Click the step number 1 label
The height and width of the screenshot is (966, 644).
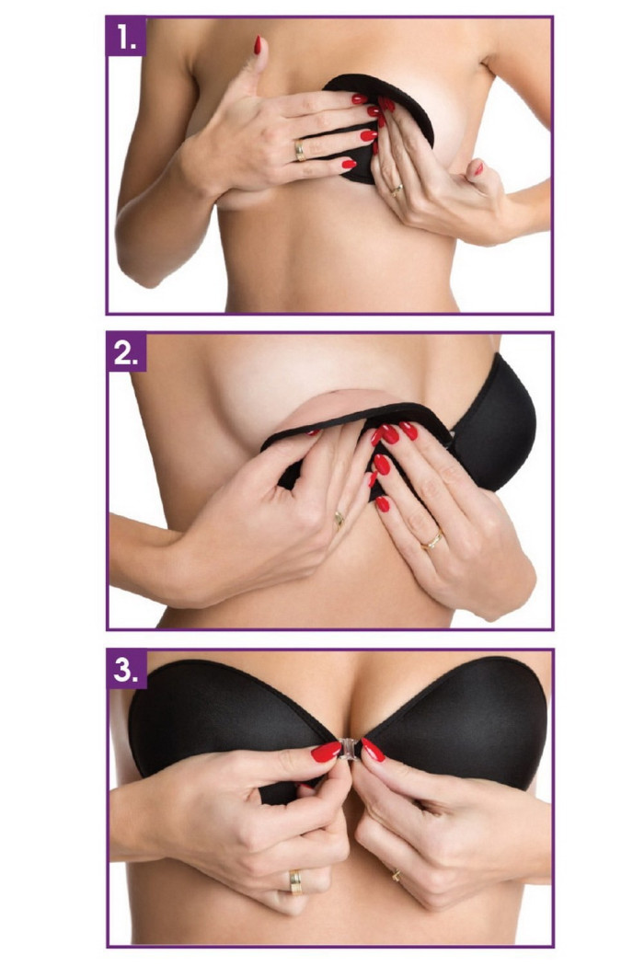pos(126,37)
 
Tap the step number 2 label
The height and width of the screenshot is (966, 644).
pos(126,352)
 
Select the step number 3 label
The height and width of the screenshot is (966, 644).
pos(126,669)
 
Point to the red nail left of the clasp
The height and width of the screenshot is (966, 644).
pos(326,752)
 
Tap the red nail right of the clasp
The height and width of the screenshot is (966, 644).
pos(373,749)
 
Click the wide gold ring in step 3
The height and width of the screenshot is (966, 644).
pos(296,881)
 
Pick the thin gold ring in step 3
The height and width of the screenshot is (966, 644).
pos(395,875)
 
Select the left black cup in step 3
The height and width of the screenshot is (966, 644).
pos(228,720)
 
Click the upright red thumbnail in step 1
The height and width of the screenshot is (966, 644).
pos(257,45)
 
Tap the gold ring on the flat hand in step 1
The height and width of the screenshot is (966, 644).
pos(300,150)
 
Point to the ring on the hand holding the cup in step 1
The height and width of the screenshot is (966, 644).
pos(396,190)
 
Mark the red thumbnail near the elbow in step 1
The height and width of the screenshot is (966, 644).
pos(478,167)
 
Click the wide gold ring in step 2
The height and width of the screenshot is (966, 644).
pos(431,540)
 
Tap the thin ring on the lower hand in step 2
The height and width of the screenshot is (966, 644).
pos(339,520)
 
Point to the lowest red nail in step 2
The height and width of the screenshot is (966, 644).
pos(383,504)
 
